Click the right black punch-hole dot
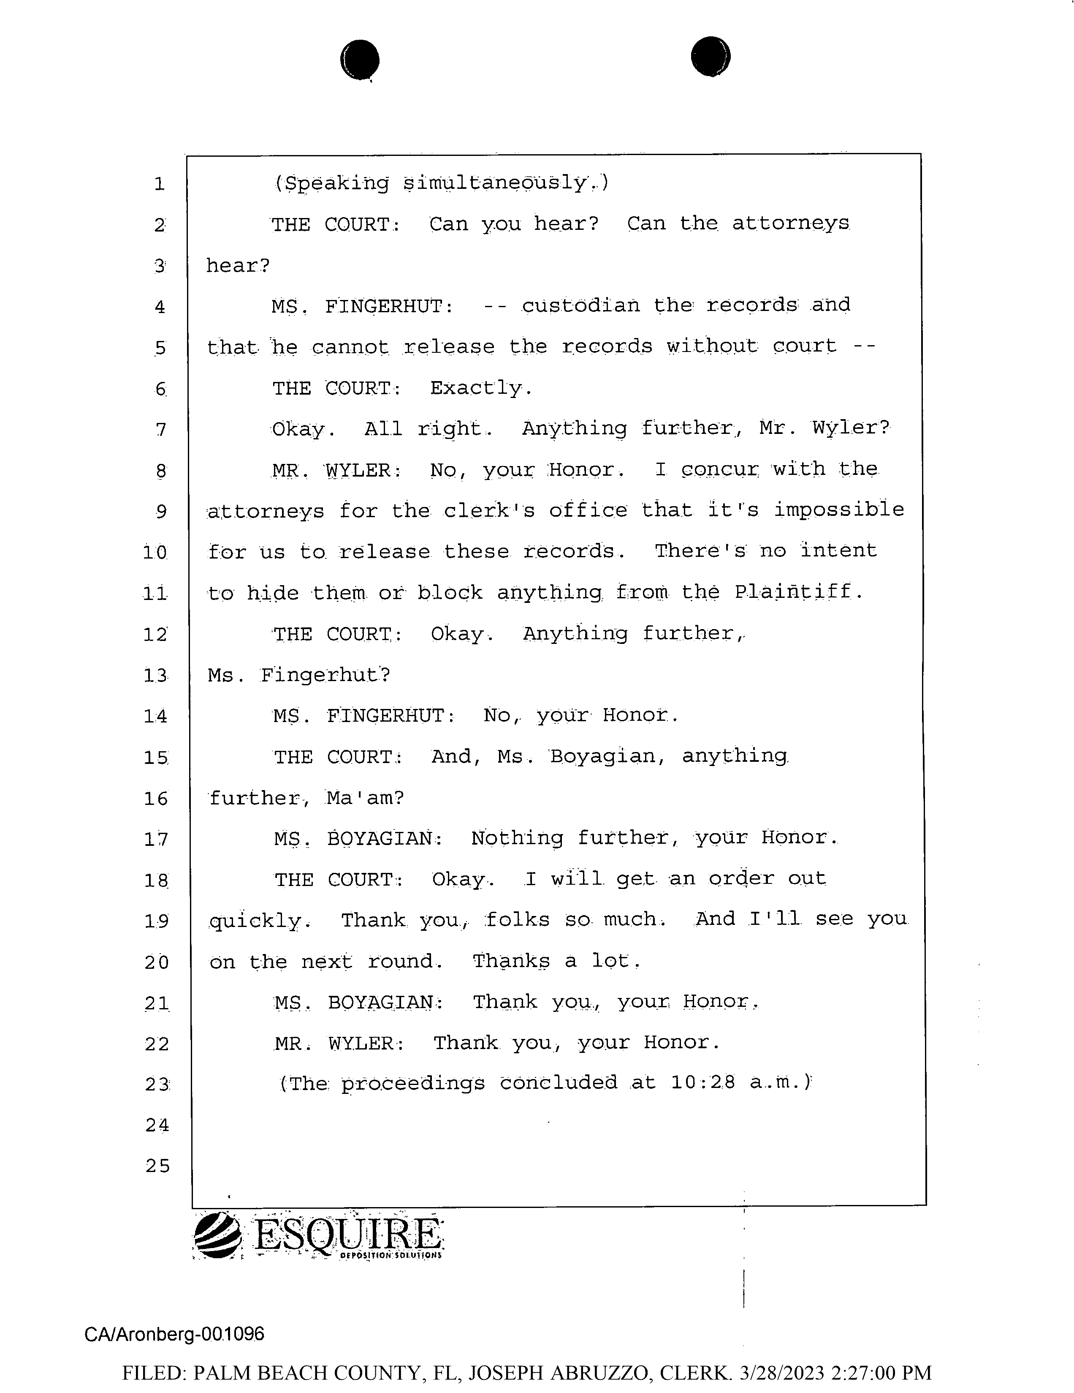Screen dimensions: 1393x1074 [711, 57]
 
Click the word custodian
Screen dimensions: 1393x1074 [580, 305]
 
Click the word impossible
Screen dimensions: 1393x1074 [839, 510]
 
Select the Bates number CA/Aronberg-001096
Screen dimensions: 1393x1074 [174, 1334]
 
